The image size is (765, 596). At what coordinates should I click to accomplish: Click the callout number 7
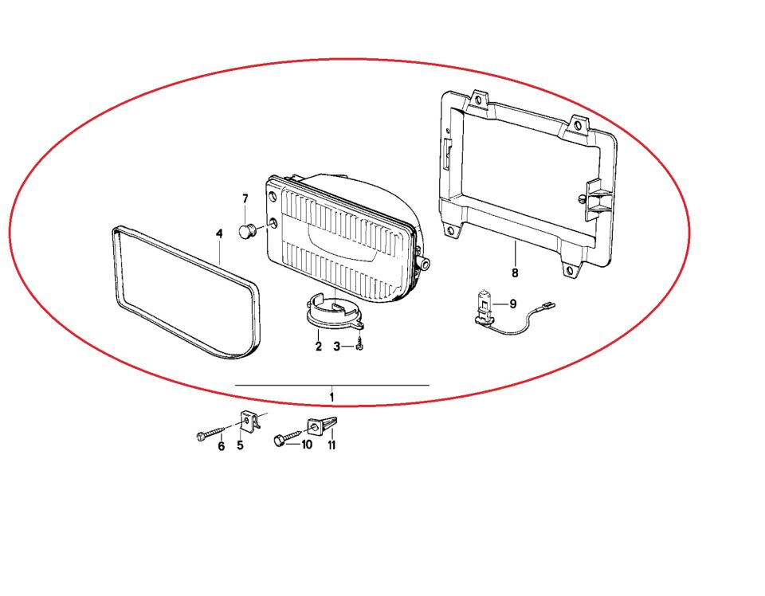(x=245, y=198)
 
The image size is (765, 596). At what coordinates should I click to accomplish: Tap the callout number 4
(x=220, y=234)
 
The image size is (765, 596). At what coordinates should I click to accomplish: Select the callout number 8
(x=515, y=273)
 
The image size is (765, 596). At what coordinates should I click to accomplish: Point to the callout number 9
(x=512, y=304)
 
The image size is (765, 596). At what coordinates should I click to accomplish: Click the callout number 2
(x=319, y=347)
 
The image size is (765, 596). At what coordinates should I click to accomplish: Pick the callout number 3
(x=336, y=347)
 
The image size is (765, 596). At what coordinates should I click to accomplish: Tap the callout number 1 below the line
(x=331, y=397)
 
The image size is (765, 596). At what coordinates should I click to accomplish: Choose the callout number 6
(x=221, y=445)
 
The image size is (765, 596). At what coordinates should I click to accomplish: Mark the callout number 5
(x=240, y=445)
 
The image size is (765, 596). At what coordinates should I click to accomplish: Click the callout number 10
(x=306, y=445)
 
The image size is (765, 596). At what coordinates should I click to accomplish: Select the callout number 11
(x=331, y=445)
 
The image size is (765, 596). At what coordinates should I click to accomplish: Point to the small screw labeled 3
(x=359, y=343)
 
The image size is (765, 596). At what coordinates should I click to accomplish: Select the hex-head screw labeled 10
(x=288, y=437)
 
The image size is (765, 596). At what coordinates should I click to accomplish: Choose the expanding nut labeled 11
(x=322, y=425)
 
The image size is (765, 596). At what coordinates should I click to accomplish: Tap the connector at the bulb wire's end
(x=545, y=308)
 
